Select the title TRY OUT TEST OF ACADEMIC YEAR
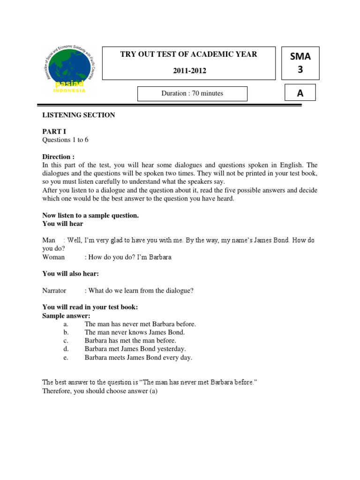tap(189, 54)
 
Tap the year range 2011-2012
tap(189, 71)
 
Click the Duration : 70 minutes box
tap(192, 93)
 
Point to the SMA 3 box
tap(300, 63)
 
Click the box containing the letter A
tap(300, 93)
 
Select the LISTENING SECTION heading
tap(79, 115)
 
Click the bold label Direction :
tap(58, 157)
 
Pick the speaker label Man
tap(49, 240)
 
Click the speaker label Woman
tap(53, 257)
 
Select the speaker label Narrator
tap(54, 291)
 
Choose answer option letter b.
tap(66, 332)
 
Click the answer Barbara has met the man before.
tap(130, 341)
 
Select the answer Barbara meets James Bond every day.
tap(138, 358)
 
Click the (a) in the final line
tap(153, 391)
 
